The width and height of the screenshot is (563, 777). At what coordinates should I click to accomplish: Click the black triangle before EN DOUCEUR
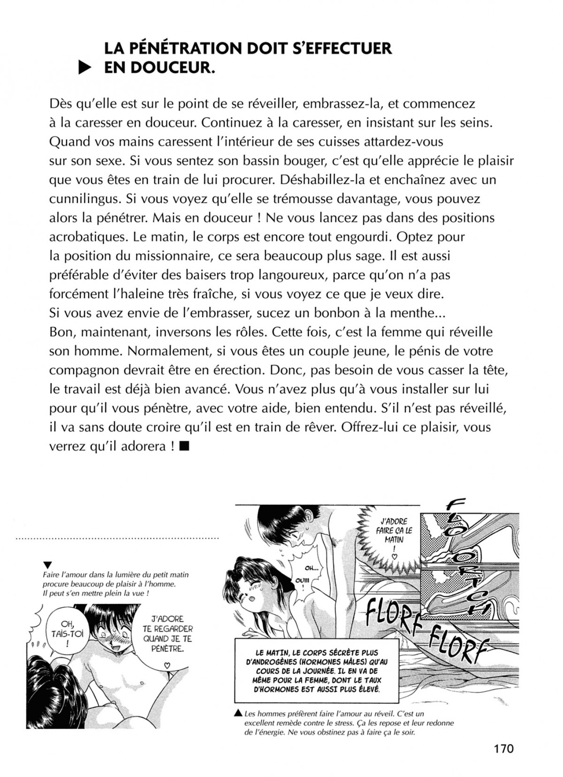point(84,69)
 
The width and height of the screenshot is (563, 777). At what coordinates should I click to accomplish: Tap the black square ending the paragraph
point(184,446)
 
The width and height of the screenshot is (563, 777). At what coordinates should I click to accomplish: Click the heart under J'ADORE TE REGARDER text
point(168,665)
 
